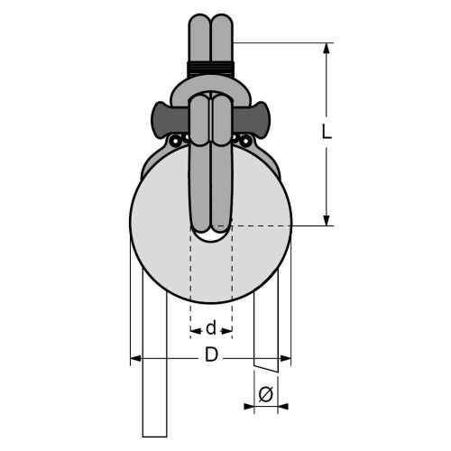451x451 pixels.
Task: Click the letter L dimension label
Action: [x=327, y=131]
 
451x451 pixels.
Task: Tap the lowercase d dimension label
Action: [x=211, y=328]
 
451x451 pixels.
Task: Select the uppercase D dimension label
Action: [x=211, y=355]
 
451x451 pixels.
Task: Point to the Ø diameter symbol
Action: [x=265, y=394]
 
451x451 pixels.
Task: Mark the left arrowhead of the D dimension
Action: [x=135, y=359]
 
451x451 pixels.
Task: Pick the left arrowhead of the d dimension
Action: [x=194, y=331]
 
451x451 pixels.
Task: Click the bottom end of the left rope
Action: [x=154, y=433]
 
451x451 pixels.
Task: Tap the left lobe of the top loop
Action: [x=200, y=36]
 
